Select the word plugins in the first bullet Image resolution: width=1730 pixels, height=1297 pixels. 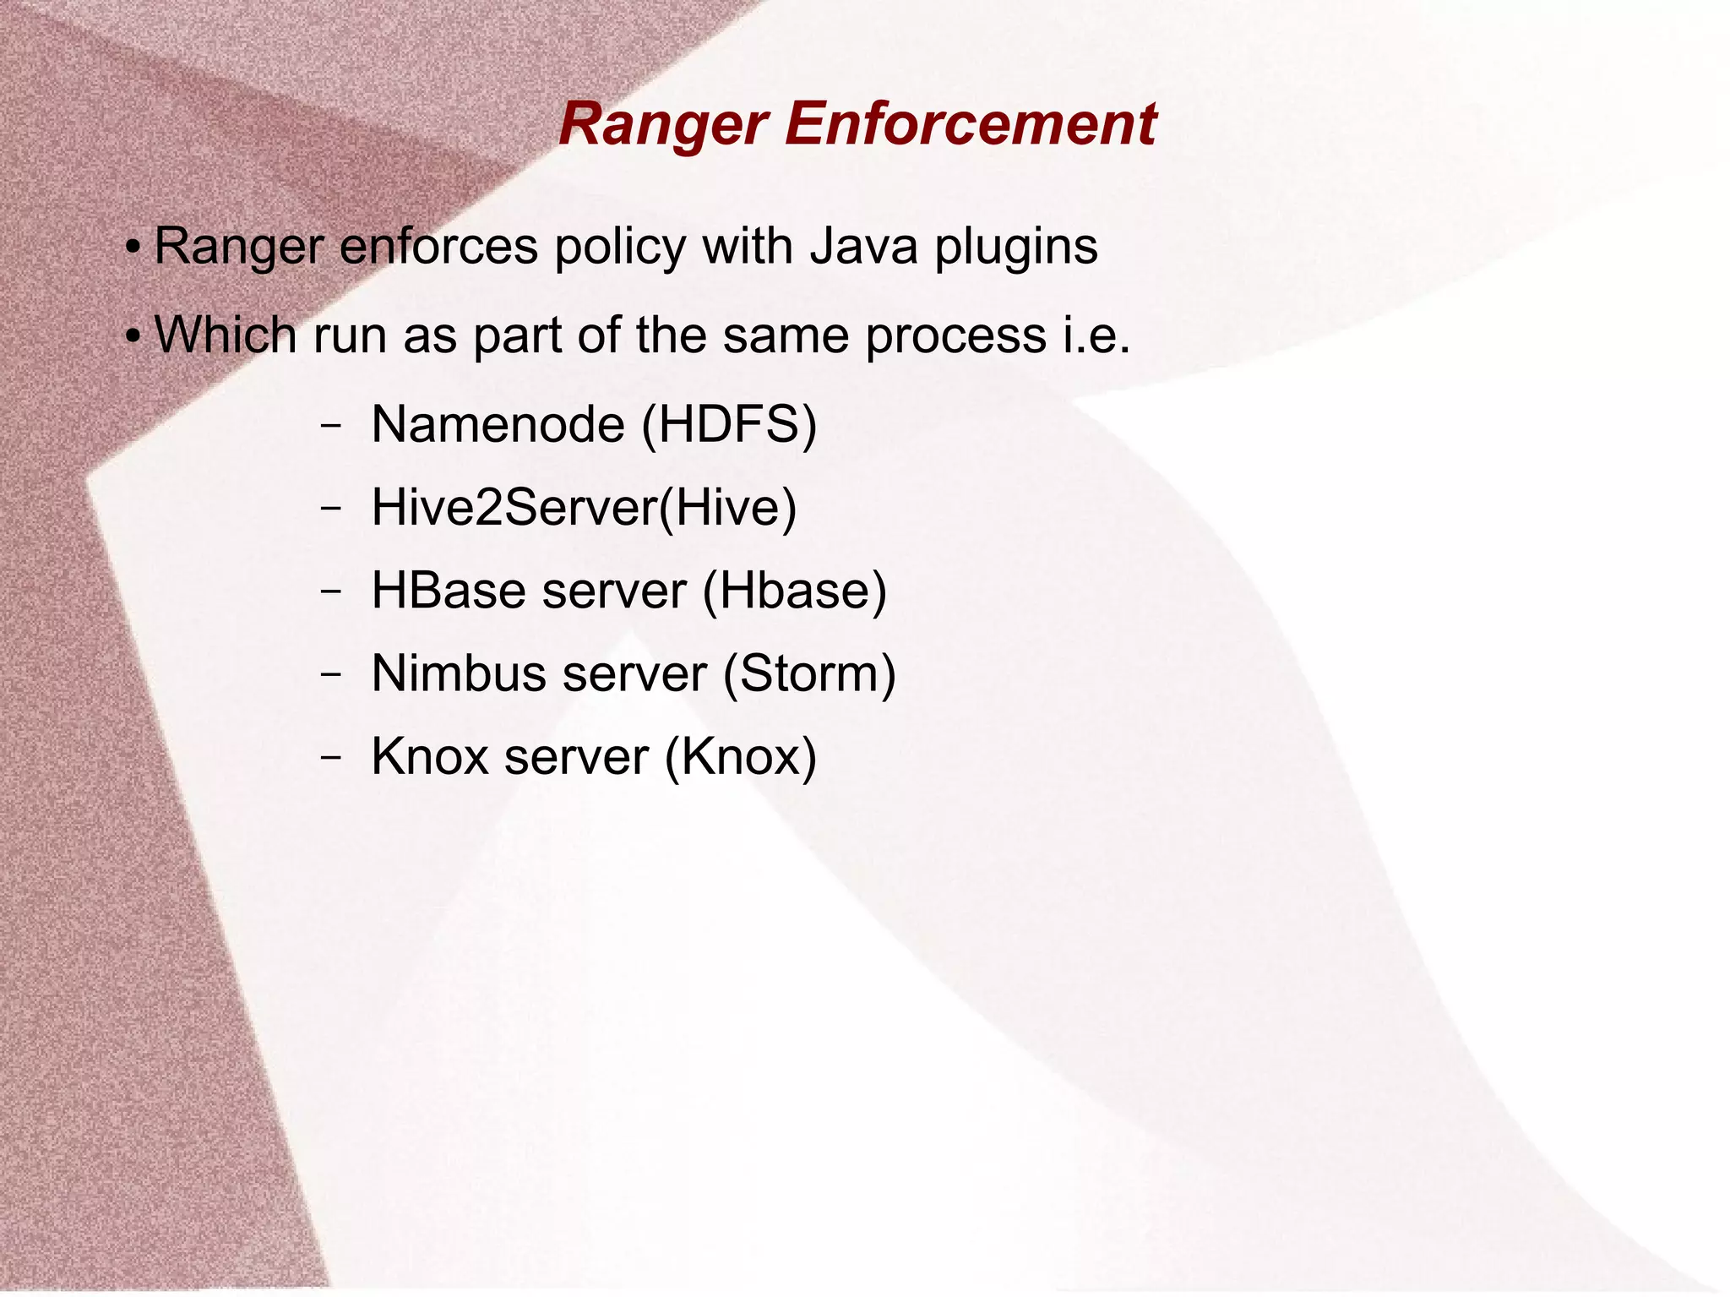1015,248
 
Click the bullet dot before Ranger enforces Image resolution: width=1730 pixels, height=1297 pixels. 132,249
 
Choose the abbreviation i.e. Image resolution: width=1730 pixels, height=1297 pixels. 1096,336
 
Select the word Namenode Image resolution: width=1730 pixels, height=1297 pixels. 498,424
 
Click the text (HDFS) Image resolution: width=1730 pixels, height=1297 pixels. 729,424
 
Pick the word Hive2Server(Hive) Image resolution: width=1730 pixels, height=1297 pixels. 584,507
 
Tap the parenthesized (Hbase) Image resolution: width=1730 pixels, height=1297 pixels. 794,590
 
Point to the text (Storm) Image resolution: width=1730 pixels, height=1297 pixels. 808,673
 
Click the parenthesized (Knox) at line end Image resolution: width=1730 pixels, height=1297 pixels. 740,756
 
